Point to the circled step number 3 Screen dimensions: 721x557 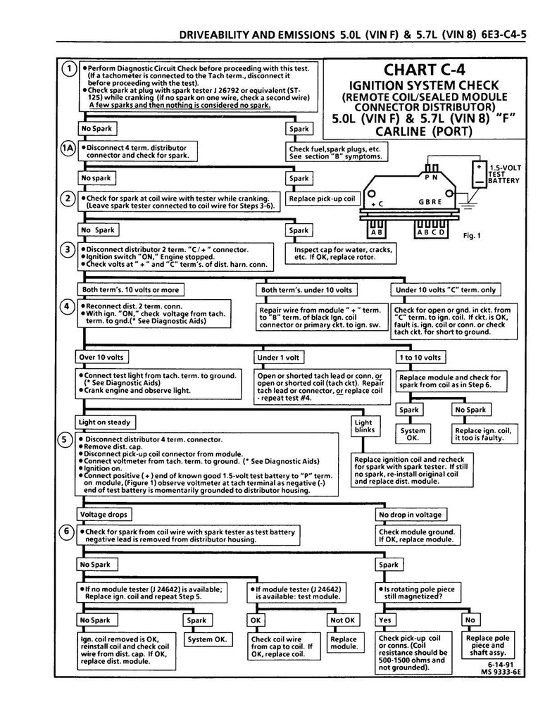(x=68, y=249)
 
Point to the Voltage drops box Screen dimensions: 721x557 (x=104, y=514)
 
